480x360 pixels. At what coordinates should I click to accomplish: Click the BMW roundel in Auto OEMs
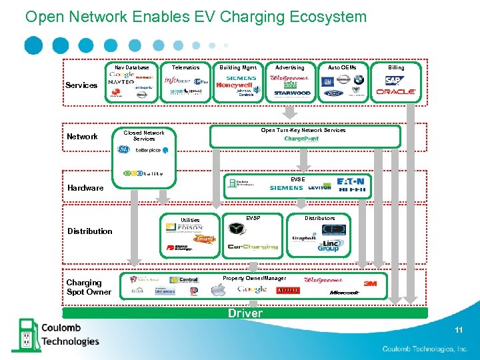coord(359,79)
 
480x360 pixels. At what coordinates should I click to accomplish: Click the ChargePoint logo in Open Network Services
coord(301,139)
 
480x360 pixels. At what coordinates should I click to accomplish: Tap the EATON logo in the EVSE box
coord(351,181)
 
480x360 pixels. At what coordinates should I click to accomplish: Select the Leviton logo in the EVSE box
coord(319,188)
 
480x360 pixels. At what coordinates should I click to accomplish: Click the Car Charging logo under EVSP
coord(253,247)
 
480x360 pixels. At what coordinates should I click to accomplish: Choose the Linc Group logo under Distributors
coord(328,246)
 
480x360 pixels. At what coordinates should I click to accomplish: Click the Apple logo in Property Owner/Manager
coord(218,289)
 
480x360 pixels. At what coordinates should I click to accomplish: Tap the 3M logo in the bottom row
coord(369,283)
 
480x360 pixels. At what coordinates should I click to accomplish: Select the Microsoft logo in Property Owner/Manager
coord(345,292)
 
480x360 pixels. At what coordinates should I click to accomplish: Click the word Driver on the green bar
coord(245,313)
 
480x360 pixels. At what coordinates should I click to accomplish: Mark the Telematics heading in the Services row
coord(185,67)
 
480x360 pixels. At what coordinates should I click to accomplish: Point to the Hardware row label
coord(85,188)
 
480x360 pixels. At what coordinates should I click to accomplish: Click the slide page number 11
coord(459,330)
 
